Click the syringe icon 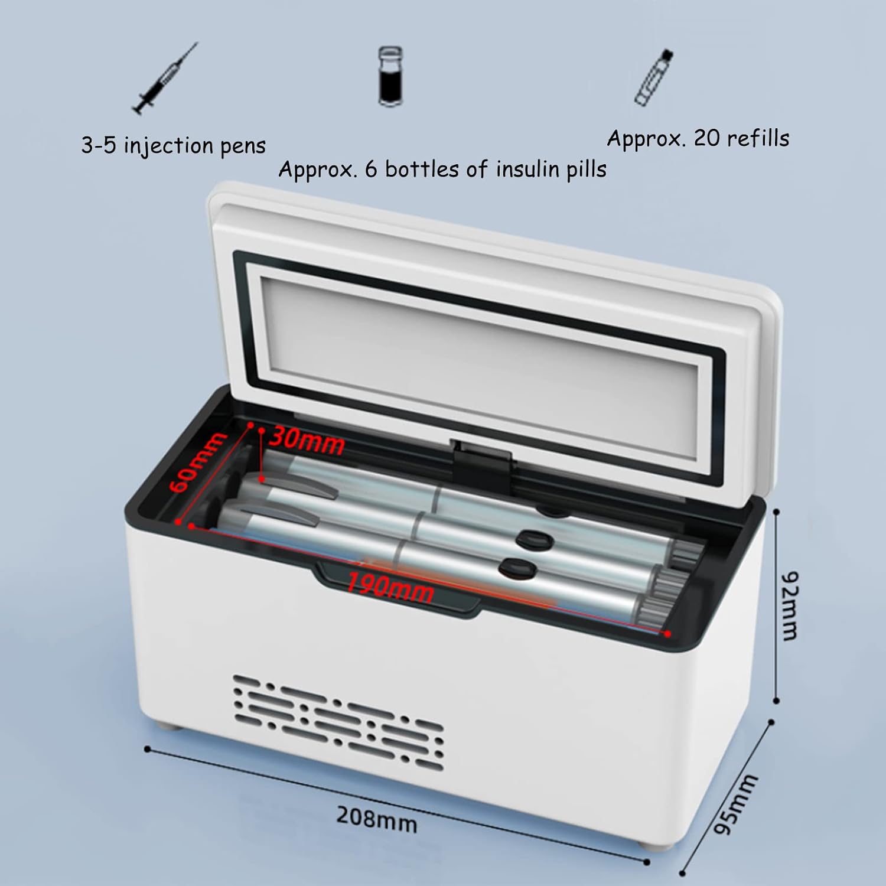(x=165, y=79)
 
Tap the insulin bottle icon (x=391, y=77)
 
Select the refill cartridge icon (x=654, y=78)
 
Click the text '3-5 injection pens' (x=174, y=146)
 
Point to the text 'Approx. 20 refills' (x=698, y=138)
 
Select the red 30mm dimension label (x=308, y=441)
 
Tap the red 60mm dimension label (x=197, y=462)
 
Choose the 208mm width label (x=377, y=819)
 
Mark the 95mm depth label (x=736, y=804)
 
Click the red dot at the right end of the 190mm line (x=668, y=634)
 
